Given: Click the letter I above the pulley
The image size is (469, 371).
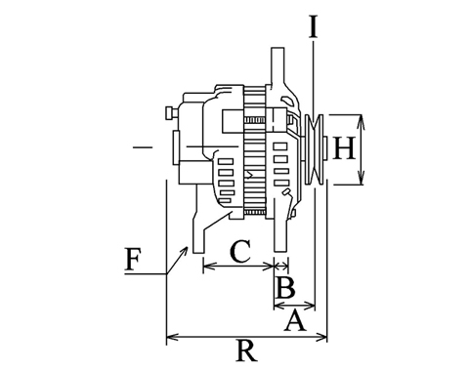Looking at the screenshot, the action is click(314, 27).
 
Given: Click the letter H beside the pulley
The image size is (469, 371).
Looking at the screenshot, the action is click(344, 148).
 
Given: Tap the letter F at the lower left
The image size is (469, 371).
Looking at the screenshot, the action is click(134, 260).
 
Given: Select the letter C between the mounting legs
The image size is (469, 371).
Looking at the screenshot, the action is click(240, 252).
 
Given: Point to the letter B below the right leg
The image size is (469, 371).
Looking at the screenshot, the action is click(285, 287).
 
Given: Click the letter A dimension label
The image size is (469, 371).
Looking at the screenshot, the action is click(295, 321).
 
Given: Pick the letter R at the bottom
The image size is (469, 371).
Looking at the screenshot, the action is click(246, 350).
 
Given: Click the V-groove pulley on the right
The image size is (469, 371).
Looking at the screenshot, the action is click(314, 150).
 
